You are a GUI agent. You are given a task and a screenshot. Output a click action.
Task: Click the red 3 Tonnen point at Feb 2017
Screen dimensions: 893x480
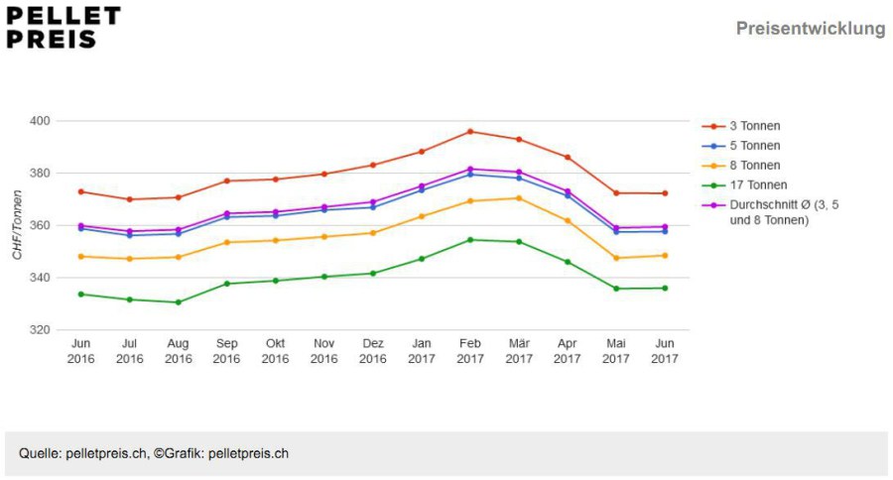(x=470, y=132)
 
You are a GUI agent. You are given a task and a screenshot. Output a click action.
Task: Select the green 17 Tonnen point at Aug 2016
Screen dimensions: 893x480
(x=179, y=302)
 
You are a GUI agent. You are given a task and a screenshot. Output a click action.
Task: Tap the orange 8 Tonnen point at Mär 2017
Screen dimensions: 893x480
(x=519, y=198)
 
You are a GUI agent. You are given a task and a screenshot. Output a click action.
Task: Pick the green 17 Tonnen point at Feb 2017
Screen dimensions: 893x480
(x=470, y=240)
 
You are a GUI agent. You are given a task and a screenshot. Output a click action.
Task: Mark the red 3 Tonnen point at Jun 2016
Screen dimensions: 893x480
(x=81, y=191)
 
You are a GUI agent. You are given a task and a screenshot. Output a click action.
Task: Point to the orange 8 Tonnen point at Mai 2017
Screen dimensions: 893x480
(x=615, y=258)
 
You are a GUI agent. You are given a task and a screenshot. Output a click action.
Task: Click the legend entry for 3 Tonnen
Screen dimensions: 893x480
(x=741, y=126)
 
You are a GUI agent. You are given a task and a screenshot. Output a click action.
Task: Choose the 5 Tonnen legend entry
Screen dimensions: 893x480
(x=741, y=146)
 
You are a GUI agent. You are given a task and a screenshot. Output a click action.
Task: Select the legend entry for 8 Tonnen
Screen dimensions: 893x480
(x=741, y=166)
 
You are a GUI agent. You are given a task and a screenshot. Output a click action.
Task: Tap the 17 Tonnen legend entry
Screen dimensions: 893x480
(x=744, y=185)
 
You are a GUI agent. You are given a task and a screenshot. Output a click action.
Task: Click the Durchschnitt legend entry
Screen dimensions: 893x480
(x=771, y=212)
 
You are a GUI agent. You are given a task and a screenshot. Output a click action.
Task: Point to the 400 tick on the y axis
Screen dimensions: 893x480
(x=40, y=121)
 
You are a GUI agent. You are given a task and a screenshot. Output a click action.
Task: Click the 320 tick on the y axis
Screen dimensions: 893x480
(x=40, y=329)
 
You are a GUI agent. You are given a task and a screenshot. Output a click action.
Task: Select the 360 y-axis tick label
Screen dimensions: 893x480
(x=40, y=225)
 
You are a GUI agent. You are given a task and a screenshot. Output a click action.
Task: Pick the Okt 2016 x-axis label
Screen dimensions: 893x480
(x=275, y=351)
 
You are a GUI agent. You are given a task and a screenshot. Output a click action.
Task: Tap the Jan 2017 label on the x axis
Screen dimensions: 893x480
(x=422, y=351)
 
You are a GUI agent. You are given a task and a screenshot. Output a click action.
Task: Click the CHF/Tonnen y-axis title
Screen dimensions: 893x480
(x=17, y=225)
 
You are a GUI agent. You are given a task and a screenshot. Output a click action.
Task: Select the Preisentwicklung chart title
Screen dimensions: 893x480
(x=811, y=28)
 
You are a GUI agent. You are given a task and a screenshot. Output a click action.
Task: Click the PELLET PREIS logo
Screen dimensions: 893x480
(x=64, y=28)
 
